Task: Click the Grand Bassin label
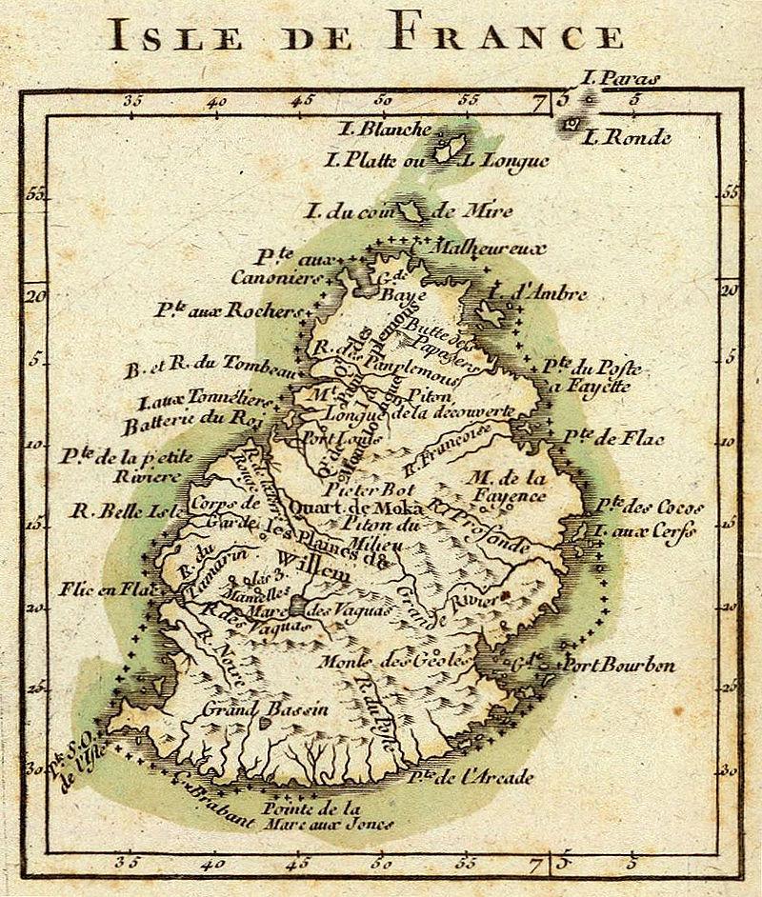[263, 708]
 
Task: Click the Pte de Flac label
[627, 439]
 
